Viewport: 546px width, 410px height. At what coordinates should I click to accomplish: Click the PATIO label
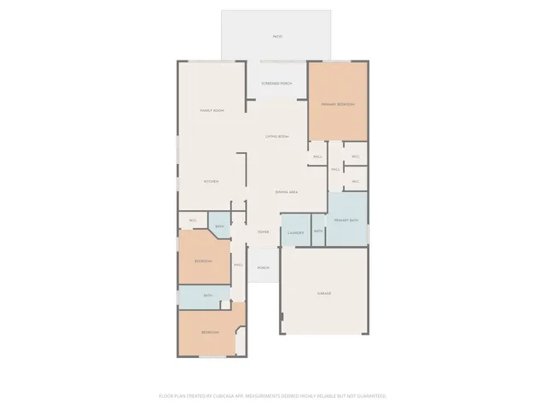[x=277, y=37]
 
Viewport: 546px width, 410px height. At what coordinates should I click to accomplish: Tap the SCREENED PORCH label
[x=276, y=84]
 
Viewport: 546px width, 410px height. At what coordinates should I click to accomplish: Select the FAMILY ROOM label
[x=212, y=111]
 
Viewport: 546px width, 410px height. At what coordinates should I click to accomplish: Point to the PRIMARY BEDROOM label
[x=338, y=104]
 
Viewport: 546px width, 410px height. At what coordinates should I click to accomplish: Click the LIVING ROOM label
[x=276, y=137]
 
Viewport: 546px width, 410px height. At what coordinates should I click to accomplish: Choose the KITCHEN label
[x=211, y=181]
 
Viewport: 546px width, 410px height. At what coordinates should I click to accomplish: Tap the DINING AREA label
[x=287, y=192]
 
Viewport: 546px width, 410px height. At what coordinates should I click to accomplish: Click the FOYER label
[x=264, y=231]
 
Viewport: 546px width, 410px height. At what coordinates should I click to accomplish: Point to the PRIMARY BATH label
[x=346, y=220]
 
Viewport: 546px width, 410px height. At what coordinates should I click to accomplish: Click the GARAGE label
[x=324, y=293]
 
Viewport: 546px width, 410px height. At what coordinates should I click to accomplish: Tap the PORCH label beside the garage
[x=264, y=267]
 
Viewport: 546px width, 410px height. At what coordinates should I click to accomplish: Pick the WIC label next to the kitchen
[x=193, y=220]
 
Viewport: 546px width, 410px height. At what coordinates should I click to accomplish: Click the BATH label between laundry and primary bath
[x=318, y=231]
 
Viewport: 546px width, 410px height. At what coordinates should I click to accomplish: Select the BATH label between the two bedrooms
[x=208, y=296]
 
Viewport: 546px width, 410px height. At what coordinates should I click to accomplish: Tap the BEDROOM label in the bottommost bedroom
[x=210, y=332]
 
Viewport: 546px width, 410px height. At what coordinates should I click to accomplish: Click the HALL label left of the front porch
[x=239, y=266]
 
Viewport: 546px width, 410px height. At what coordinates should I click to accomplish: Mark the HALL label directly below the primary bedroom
[x=317, y=156]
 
